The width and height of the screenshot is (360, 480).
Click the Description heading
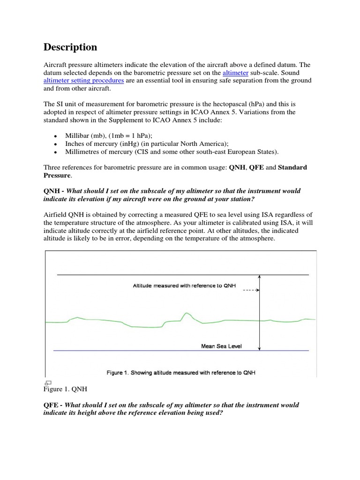70,47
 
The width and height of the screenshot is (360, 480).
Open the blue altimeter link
235,73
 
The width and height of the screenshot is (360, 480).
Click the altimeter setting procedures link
84,81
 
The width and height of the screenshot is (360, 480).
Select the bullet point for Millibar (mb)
55,136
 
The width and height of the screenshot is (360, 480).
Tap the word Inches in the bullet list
75,143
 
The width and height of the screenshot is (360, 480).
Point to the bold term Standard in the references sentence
292,167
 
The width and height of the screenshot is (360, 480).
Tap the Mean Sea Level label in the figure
222,346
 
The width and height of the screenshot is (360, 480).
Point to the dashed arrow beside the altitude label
250,290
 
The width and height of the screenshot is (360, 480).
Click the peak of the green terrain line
187,313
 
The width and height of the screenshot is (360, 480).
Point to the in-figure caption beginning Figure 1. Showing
180,373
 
